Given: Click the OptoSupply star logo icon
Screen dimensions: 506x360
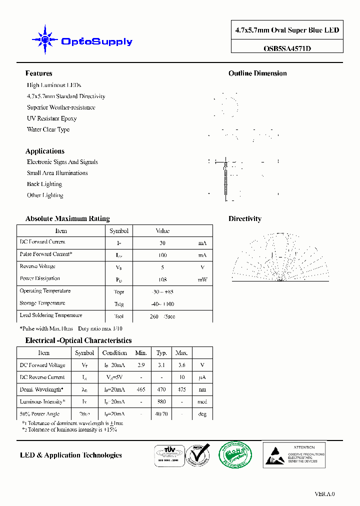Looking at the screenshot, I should point(45,39).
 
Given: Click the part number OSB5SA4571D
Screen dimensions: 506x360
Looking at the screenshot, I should point(286,48).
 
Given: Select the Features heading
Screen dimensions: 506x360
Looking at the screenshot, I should point(38,73).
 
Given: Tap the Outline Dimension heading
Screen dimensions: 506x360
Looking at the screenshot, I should point(257,73).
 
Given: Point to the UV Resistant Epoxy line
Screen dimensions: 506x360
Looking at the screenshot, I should point(51,118).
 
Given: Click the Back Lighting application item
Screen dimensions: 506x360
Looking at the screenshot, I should point(44,184).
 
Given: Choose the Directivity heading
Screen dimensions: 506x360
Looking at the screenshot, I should point(245,218).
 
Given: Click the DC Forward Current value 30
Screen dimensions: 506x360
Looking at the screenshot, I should point(162,243).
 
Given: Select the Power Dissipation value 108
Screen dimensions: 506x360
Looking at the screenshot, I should point(162,279).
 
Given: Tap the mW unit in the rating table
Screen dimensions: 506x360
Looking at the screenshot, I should point(202,279).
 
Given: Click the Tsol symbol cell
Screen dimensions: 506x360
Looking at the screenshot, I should point(119,316).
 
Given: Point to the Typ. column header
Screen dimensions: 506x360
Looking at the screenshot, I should point(161,353).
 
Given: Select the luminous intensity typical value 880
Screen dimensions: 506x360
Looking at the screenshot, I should point(161,402).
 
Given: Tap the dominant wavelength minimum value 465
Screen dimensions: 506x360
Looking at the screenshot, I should point(141,389).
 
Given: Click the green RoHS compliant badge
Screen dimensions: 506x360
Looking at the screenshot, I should point(235,454).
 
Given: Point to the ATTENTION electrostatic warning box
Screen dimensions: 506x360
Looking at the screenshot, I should point(294,454).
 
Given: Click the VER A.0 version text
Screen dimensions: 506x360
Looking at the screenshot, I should point(324,494).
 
